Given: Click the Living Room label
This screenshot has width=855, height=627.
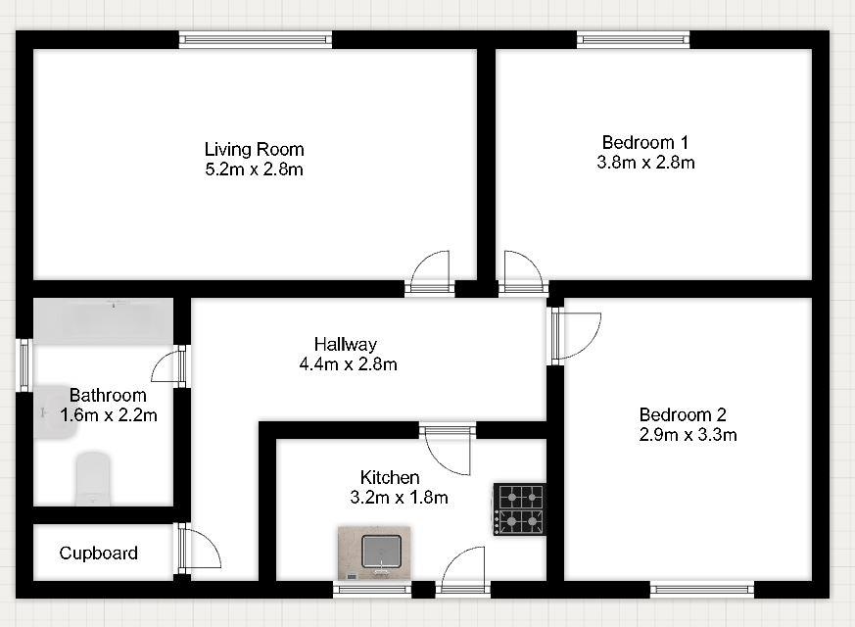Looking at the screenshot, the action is click(254, 149).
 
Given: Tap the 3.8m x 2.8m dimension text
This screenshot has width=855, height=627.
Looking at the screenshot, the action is click(645, 163).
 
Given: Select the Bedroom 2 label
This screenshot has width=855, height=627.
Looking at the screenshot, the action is click(683, 415).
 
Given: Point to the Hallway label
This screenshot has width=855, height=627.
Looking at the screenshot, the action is click(345, 344).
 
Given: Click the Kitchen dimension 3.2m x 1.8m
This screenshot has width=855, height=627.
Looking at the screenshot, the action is click(400, 498).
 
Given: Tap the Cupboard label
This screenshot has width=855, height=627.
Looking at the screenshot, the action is click(98, 553).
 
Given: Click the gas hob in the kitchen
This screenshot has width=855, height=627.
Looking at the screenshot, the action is click(520, 509).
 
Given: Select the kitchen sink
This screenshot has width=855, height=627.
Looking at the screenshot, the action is click(374, 553).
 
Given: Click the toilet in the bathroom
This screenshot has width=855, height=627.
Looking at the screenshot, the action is click(93, 479).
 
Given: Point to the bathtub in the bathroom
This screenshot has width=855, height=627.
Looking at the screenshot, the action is click(104, 321).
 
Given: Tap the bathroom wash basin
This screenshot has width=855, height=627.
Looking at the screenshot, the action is click(55, 412).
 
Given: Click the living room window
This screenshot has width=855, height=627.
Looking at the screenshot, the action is click(256, 39).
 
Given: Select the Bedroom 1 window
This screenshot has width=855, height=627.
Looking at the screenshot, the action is click(633, 39).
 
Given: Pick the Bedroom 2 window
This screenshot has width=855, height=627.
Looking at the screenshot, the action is click(702, 589).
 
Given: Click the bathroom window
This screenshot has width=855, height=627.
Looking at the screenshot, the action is click(24, 365).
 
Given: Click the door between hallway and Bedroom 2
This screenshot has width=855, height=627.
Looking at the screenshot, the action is click(576, 336).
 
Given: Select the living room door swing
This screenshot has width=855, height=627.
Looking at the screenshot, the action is click(430, 271).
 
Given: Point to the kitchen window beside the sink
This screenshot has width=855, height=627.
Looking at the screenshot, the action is click(372, 589).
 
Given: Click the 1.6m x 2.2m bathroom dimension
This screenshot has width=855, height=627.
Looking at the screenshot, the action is click(109, 415).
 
